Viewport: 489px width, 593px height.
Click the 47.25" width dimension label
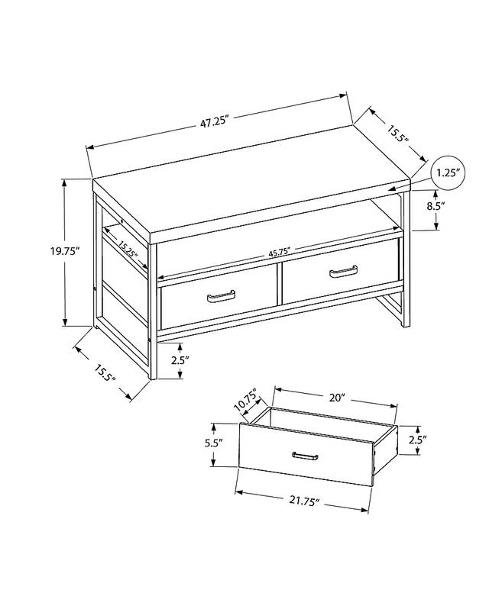click(215, 122)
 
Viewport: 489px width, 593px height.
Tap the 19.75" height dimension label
click(66, 251)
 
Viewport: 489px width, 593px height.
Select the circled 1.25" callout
click(448, 172)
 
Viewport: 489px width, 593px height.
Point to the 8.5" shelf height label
click(436, 207)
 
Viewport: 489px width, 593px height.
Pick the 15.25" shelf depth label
click(127, 249)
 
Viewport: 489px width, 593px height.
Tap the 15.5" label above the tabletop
click(397, 133)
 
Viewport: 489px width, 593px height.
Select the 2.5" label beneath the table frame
click(180, 359)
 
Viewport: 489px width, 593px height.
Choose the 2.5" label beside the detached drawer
click(417, 440)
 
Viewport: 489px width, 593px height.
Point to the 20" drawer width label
click(337, 398)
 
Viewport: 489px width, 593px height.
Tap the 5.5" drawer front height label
click(214, 443)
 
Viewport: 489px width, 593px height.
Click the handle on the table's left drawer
click(221, 296)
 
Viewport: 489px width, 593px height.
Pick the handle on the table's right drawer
click(343, 271)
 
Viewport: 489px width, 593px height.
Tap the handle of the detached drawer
click(305, 456)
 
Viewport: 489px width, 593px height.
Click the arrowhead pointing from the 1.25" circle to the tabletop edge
click(391, 189)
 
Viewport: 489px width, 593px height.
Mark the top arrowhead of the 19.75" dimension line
click(65, 183)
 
